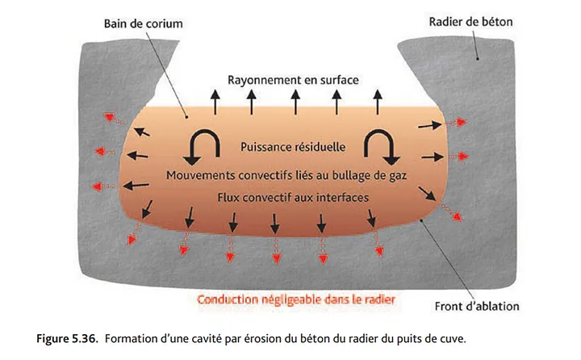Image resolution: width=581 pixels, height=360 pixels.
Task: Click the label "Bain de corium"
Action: pos(143,23)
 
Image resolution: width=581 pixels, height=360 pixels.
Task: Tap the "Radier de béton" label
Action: pos(470,22)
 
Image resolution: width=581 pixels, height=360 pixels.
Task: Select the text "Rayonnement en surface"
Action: pos(293,80)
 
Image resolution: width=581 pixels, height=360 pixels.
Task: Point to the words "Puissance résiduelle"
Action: pos(293,147)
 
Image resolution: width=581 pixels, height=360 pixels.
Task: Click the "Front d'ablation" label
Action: pos(477,306)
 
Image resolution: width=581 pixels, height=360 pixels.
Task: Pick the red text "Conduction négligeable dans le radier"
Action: pos(295,299)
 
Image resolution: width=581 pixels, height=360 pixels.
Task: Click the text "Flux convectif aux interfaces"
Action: pos(293,198)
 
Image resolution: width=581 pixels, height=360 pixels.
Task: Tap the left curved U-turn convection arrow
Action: pos(203,147)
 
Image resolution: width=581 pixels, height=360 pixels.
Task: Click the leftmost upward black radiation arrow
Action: pos(215,102)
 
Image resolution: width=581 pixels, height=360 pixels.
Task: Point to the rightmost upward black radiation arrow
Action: pos(378,102)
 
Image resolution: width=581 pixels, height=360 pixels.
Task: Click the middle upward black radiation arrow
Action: pos(295,102)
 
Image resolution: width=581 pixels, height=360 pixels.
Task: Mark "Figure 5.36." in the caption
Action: pos(67,339)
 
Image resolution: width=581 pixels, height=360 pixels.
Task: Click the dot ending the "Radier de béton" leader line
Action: pos(478,59)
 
